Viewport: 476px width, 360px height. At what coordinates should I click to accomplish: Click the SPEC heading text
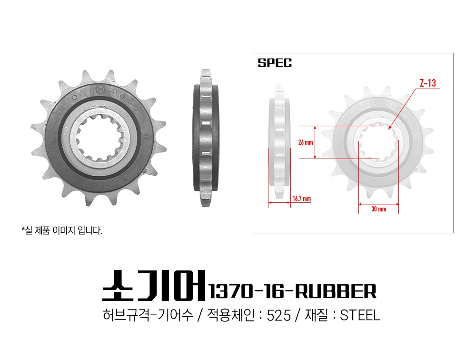click(275, 63)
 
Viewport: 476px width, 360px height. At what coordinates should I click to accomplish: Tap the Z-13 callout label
click(428, 83)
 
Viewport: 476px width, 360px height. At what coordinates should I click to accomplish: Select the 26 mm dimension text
click(306, 142)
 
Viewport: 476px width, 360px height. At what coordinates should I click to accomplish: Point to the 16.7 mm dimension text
click(302, 199)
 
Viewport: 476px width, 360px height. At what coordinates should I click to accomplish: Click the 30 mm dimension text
click(378, 209)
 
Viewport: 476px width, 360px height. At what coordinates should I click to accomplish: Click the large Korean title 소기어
click(154, 286)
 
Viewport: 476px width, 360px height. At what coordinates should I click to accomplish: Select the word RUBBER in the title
click(336, 291)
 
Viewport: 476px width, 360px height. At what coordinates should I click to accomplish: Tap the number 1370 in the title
click(230, 291)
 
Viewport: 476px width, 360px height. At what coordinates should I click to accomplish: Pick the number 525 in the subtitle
click(278, 315)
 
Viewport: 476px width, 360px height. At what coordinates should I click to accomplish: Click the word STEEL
click(360, 315)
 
